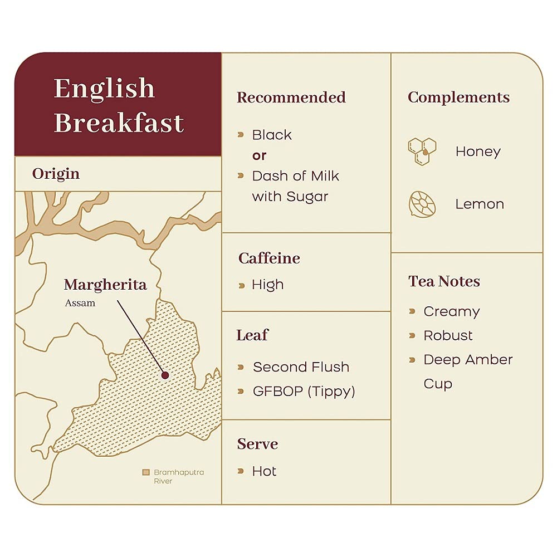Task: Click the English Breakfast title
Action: coord(119,105)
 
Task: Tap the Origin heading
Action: coord(56,174)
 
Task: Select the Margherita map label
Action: coord(105,285)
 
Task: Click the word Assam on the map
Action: coord(80,303)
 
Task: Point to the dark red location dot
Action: coord(165,375)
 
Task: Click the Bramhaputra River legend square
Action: coord(146,472)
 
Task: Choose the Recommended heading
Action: coord(291,97)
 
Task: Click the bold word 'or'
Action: coord(259,155)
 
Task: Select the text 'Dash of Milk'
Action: coord(295,176)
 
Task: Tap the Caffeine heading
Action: coord(269,258)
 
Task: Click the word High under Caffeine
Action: coord(267,285)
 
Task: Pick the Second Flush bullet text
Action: coord(301,367)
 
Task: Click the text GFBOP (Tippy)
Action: coord(304,391)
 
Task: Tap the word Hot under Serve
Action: coord(264,471)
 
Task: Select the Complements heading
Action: coord(458,97)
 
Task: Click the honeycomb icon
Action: coord(422,151)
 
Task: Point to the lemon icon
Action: coord(422,204)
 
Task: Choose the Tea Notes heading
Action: coord(444,281)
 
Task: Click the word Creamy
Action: coord(451,311)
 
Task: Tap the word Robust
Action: coord(448,335)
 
